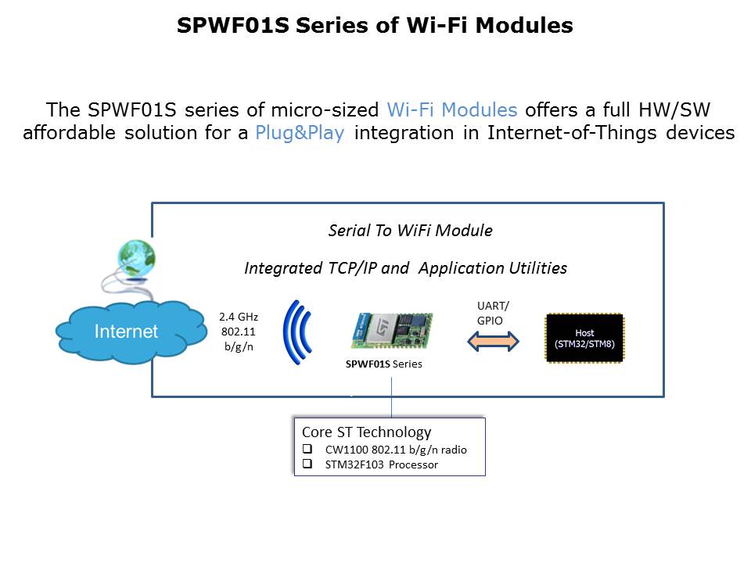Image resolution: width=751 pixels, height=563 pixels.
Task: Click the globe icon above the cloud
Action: pos(136,259)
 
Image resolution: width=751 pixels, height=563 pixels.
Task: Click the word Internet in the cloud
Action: pos(126,332)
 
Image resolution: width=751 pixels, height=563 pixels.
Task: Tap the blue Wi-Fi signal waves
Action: pos(297,333)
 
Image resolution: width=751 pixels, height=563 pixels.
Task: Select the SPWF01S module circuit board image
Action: pos(392,330)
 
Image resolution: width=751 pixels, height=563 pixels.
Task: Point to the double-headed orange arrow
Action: pos(493,342)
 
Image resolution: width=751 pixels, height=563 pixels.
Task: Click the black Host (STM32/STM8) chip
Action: pos(585,338)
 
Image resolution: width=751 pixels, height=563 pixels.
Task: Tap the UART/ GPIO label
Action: pos(493,313)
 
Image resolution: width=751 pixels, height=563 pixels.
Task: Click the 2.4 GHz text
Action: pos(239,317)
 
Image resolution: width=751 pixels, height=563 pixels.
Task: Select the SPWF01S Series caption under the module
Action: pos(383,364)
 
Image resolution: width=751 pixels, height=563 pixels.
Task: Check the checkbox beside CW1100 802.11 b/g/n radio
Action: pos(307,449)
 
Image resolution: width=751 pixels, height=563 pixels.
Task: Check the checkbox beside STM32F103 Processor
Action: pos(307,464)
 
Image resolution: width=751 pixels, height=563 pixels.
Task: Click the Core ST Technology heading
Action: pos(366,432)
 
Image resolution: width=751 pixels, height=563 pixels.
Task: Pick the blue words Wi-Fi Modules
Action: pos(452,109)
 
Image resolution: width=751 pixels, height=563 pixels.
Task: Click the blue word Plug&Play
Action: pos(300,133)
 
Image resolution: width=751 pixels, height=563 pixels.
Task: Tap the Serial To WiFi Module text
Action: pos(411,230)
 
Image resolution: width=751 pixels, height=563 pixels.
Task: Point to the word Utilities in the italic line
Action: pos(538,268)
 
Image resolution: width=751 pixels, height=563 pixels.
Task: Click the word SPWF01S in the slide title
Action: pos(233,25)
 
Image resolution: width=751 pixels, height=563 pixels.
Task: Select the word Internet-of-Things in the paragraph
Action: pos(572,133)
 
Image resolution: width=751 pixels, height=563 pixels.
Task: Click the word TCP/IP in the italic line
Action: pos(352,268)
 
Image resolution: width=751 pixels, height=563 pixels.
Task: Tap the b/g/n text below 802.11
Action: pos(239,346)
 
